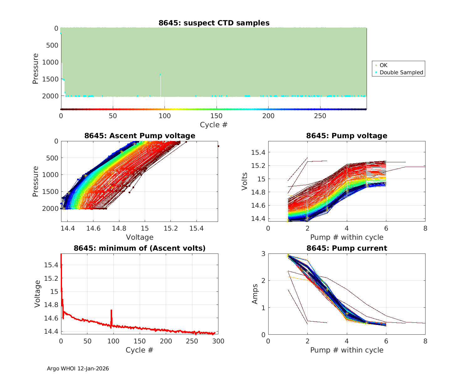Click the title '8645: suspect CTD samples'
click(214, 23)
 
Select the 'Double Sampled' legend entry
click(401, 72)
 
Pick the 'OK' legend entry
click(383, 65)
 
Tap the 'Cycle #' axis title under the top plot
click(214, 125)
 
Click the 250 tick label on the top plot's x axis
click(320, 116)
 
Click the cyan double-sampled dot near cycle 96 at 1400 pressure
click(160, 75)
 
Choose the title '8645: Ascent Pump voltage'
click(140, 136)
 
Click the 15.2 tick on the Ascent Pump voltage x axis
click(170, 228)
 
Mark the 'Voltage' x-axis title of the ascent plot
click(140, 237)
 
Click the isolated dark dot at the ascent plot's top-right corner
click(218, 146)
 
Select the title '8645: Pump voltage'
click(347, 136)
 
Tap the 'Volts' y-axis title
click(245, 181)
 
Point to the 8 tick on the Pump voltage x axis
click(425, 228)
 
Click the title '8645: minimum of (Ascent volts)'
click(140, 248)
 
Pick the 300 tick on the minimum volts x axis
click(218, 341)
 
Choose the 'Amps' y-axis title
click(255, 294)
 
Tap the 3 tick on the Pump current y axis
click(263, 253)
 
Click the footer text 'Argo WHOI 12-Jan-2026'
click(78, 368)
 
